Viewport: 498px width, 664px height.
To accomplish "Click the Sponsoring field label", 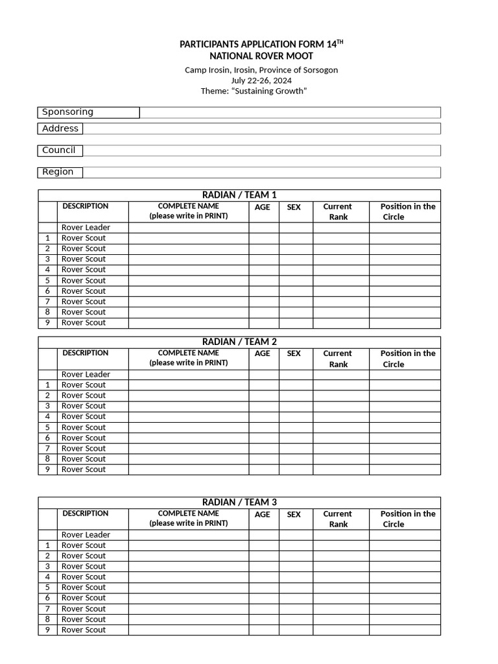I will [67, 112].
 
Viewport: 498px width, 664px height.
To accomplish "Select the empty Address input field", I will [261, 128].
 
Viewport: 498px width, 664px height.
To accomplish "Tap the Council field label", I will [59, 150].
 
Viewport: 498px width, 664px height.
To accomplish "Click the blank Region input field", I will [261, 172].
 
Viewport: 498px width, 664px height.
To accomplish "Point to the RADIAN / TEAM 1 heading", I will [239, 195].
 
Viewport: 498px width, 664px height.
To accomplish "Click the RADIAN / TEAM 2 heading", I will [239, 342].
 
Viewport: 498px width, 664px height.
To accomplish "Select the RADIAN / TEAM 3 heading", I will [239, 502].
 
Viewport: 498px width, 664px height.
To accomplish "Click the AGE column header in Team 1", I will [263, 207].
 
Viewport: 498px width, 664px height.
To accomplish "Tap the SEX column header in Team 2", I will [294, 354].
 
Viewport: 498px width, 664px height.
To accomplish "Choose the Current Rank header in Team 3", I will [338, 519].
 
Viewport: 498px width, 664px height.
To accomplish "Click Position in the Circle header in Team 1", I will [407, 211].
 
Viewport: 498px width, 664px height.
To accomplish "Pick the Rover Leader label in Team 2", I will [86, 374].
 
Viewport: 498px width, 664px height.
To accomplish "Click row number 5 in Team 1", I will [47, 280].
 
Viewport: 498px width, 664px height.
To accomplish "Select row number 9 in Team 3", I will [47, 630].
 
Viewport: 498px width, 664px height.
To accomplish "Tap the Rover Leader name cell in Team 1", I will [188, 228].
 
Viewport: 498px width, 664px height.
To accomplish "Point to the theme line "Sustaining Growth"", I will [254, 91].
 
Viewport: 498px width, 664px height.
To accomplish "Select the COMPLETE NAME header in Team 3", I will [188, 518].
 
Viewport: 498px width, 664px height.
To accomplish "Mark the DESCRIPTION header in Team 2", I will [86, 353].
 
